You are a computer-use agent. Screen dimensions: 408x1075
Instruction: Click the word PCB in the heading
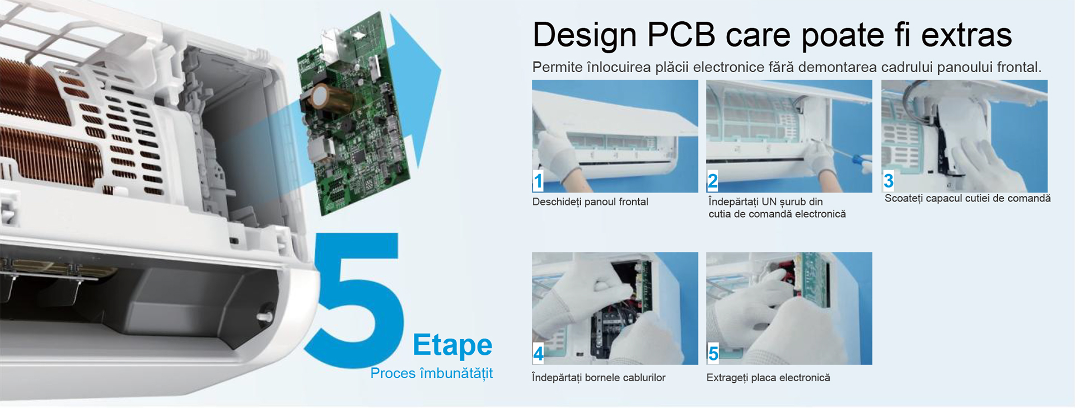pyautogui.click(x=681, y=35)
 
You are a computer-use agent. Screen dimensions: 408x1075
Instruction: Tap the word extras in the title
pyautogui.click(x=966, y=35)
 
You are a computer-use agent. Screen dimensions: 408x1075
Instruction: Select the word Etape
pyautogui.click(x=452, y=345)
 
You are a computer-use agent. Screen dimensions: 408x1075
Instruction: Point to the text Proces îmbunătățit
pyautogui.click(x=431, y=373)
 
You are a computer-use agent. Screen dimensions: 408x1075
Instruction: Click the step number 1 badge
pyautogui.click(x=538, y=181)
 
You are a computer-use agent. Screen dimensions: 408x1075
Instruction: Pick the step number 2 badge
pyautogui.click(x=712, y=181)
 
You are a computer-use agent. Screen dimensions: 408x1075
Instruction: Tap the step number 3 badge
pyautogui.click(x=888, y=181)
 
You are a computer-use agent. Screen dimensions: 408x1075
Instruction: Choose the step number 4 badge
pyautogui.click(x=538, y=353)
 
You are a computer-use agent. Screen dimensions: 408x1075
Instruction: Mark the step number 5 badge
pyautogui.click(x=713, y=353)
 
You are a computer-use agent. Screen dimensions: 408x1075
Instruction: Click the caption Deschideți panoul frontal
pyautogui.click(x=590, y=202)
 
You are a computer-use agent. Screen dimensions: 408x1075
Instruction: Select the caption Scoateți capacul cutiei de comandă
pyautogui.click(x=967, y=199)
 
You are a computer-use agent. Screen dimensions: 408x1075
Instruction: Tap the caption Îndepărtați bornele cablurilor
pyautogui.click(x=599, y=378)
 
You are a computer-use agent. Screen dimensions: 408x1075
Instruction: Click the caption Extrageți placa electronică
pyautogui.click(x=768, y=378)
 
